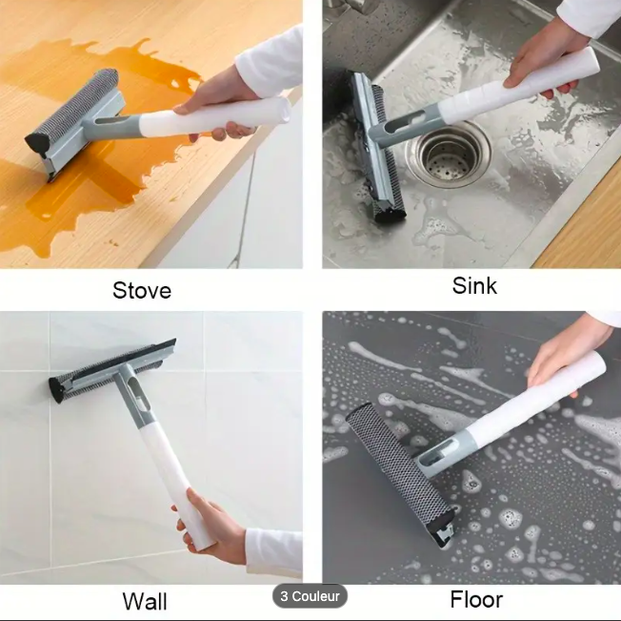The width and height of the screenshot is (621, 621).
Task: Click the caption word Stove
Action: tap(142, 290)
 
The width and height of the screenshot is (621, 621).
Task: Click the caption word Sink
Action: tap(474, 285)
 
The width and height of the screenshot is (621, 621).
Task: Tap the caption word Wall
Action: tap(145, 601)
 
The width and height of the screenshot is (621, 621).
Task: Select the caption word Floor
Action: tap(476, 599)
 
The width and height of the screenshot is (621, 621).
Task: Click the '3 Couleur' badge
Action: tap(310, 595)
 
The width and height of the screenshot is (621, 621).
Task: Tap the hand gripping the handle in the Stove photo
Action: tap(214, 104)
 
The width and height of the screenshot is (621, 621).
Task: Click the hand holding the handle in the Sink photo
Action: tap(547, 59)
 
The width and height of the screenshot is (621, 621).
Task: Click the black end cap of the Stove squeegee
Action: tap(36, 141)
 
